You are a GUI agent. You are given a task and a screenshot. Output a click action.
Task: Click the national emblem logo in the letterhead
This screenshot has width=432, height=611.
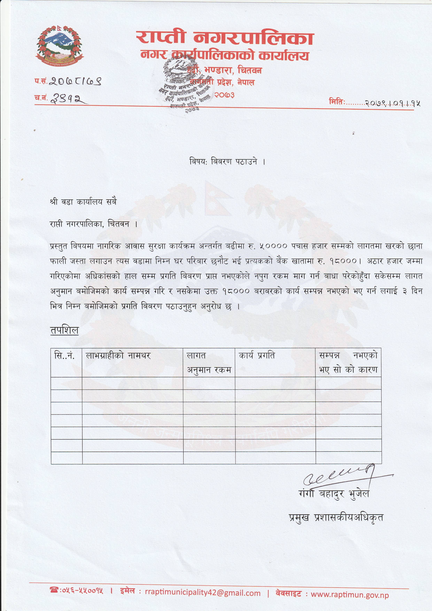pyautogui.click(x=59, y=45)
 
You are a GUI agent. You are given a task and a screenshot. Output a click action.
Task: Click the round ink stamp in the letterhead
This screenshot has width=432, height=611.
pyautogui.click(x=184, y=85)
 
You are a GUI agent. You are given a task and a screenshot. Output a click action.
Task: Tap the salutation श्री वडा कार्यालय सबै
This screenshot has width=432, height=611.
pyautogui.click(x=83, y=202)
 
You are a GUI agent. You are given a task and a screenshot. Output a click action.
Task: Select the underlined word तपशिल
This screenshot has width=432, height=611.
pyautogui.click(x=64, y=330)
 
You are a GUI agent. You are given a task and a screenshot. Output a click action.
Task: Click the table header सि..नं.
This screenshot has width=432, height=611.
pyautogui.click(x=64, y=356)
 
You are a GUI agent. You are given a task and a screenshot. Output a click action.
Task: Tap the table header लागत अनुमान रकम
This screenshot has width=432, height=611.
pyautogui.click(x=209, y=362)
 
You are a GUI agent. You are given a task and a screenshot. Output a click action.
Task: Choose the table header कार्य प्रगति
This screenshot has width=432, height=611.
pyautogui.click(x=257, y=356)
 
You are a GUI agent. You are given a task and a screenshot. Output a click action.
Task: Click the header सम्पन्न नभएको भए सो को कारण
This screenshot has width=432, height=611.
pyautogui.click(x=348, y=362)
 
